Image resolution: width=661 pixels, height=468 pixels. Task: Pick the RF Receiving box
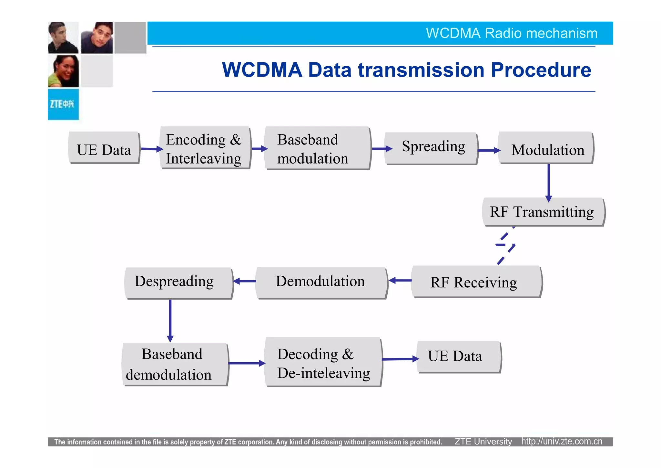click(476, 282)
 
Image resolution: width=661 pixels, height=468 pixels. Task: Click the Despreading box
click(178, 282)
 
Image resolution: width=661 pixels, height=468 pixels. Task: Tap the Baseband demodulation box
click(175, 364)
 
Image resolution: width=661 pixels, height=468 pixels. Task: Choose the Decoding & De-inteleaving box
click(323, 362)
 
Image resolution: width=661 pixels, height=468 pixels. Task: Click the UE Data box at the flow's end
click(458, 356)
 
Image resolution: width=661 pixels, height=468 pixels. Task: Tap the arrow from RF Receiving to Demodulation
click(400, 281)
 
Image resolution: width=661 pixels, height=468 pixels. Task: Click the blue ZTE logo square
click(63, 104)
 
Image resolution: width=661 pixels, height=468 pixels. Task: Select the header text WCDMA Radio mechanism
click(511, 33)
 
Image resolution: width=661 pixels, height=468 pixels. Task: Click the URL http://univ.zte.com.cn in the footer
click(562, 441)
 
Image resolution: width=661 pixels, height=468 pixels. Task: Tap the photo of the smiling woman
click(63, 71)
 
